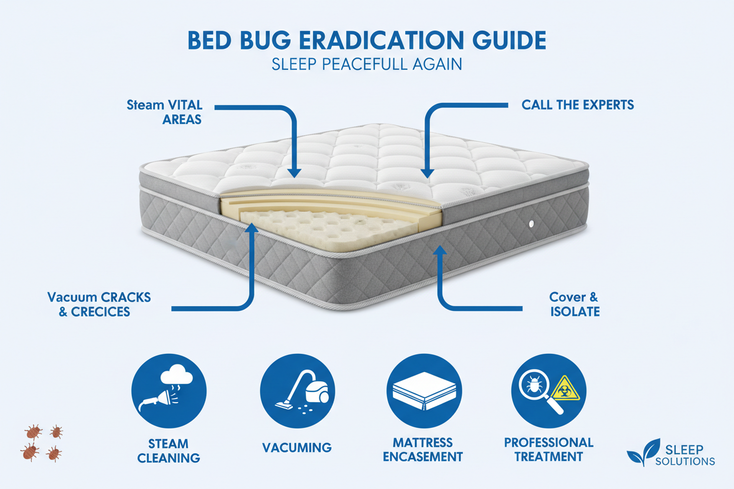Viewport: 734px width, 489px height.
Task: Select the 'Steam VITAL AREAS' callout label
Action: pos(164,112)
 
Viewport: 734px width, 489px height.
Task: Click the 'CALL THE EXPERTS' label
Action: pos(578,105)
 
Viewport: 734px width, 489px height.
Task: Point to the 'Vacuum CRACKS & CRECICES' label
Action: pos(99,304)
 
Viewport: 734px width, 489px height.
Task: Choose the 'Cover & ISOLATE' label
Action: pos(575,304)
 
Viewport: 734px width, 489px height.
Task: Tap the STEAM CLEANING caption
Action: pos(168,451)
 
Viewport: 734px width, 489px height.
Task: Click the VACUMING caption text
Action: pos(297,447)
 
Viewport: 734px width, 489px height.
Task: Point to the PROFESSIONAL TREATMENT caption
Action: pos(548,449)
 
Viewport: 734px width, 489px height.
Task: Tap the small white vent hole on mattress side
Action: pos(531,223)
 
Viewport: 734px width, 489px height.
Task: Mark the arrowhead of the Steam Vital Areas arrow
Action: pos(295,173)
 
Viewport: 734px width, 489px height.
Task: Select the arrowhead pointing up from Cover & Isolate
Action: pos(439,252)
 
